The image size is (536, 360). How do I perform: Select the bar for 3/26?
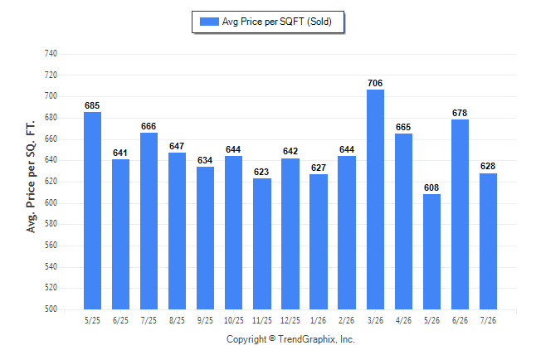(375, 199)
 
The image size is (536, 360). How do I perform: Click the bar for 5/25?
(92, 211)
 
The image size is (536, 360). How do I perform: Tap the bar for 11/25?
(262, 244)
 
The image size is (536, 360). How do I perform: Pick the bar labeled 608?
(431, 251)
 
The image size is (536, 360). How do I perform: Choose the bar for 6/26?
(460, 214)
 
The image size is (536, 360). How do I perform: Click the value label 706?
(375, 83)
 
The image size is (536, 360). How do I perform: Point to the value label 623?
(261, 172)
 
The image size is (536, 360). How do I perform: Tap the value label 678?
(460, 113)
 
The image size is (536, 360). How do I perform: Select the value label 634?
(205, 160)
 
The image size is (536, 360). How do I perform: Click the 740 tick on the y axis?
(51, 53)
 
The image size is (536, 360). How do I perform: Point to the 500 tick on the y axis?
(51, 309)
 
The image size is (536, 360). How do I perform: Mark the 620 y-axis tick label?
(51, 181)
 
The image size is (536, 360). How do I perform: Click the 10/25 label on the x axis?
(234, 320)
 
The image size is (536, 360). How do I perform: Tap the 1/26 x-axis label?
(319, 320)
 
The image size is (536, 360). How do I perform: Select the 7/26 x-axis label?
(488, 320)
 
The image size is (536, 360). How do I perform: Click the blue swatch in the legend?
(209, 22)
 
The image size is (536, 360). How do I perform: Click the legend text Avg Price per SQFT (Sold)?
(277, 22)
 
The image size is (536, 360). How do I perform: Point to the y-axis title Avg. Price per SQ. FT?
(31, 177)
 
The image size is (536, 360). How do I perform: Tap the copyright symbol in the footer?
(272, 338)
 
